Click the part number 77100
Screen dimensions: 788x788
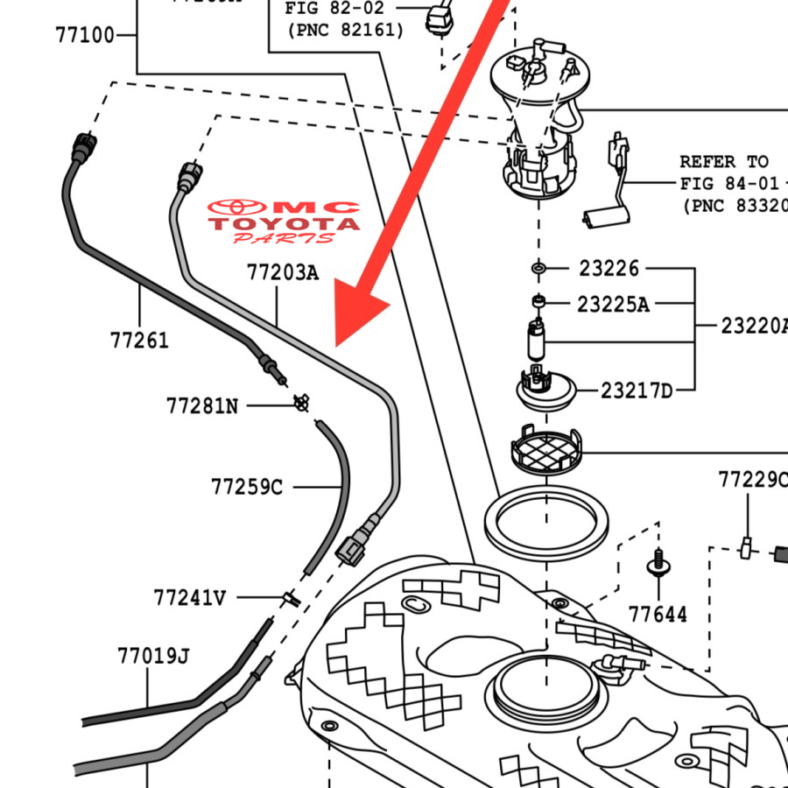84,36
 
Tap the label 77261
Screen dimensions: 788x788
139,340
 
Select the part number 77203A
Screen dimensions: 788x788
282,273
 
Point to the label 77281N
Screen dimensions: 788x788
201,406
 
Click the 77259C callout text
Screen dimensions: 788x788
247,486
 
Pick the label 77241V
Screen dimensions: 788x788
189,598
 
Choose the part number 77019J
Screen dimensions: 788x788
154,656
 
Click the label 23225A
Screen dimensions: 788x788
613,305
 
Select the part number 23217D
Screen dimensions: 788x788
637,390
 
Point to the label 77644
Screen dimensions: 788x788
658,615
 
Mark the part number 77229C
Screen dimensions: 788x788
752,480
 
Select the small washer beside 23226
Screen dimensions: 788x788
538,266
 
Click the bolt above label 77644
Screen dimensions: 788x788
658,561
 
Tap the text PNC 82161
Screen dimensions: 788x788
345,30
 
